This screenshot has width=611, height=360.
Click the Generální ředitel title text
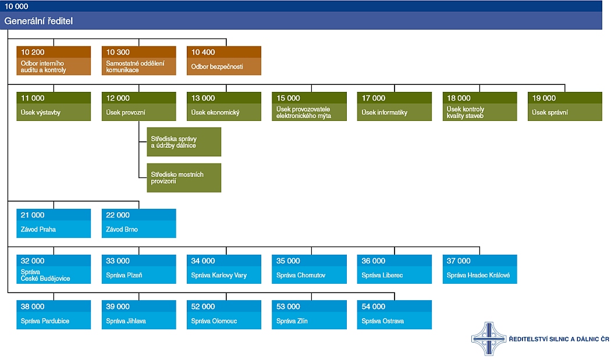[38, 21]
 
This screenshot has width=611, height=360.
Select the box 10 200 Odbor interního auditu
[54, 60]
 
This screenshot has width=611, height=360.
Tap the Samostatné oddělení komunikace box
[138, 60]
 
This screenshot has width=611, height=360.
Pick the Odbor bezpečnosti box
[223, 60]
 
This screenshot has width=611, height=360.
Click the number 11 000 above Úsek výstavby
[33, 98]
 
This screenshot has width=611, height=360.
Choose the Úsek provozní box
[138, 106]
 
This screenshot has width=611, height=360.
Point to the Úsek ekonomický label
[215, 113]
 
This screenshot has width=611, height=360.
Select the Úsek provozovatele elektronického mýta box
[309, 106]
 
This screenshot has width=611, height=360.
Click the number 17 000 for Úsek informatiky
[374, 98]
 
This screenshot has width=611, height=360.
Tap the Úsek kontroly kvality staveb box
[479, 106]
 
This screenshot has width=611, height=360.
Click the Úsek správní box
[564, 106]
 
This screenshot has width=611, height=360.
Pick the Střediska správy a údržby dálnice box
[184, 142]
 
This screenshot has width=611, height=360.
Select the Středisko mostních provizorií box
[184, 177]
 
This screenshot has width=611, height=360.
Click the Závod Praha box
[54, 223]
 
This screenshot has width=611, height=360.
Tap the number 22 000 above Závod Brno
[118, 215]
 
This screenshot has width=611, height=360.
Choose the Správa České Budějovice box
[54, 269]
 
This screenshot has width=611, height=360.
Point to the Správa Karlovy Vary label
[219, 276]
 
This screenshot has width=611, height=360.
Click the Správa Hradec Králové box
[479, 269]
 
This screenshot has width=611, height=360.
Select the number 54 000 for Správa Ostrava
[374, 306]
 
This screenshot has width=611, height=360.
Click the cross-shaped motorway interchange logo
[489, 338]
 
